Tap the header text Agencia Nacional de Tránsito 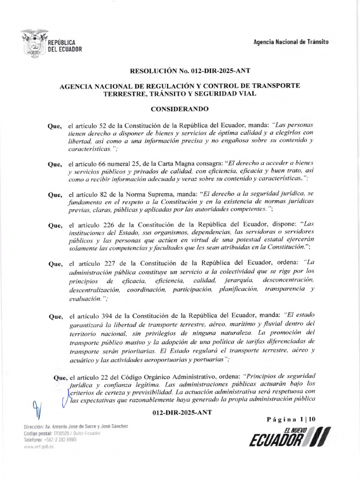(x=291, y=42)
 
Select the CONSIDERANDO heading (x=180, y=109)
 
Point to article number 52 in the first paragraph (x=105, y=126)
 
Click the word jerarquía (x=240, y=280)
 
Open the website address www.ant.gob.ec (x=39, y=447)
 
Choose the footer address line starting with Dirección (x=75, y=426)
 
